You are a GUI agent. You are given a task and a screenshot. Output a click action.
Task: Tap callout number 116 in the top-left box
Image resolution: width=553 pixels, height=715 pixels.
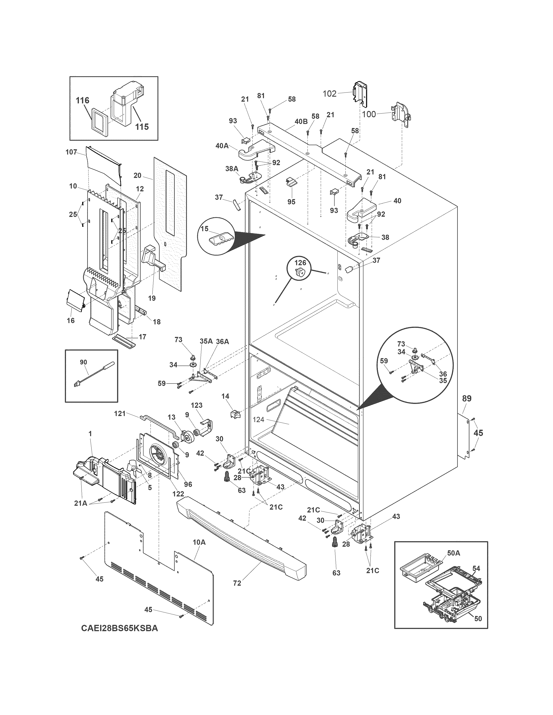click(83, 101)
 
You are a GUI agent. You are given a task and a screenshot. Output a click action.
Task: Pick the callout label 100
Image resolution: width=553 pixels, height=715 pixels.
click(370, 114)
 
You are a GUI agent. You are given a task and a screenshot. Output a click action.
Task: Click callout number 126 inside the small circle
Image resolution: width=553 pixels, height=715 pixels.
click(300, 263)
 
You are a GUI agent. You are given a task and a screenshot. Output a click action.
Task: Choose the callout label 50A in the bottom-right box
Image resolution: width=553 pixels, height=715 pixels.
click(453, 553)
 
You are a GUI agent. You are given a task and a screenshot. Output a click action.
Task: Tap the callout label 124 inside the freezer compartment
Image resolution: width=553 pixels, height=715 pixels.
click(259, 419)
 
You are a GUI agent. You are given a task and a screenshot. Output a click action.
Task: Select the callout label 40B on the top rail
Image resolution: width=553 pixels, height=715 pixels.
click(301, 121)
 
